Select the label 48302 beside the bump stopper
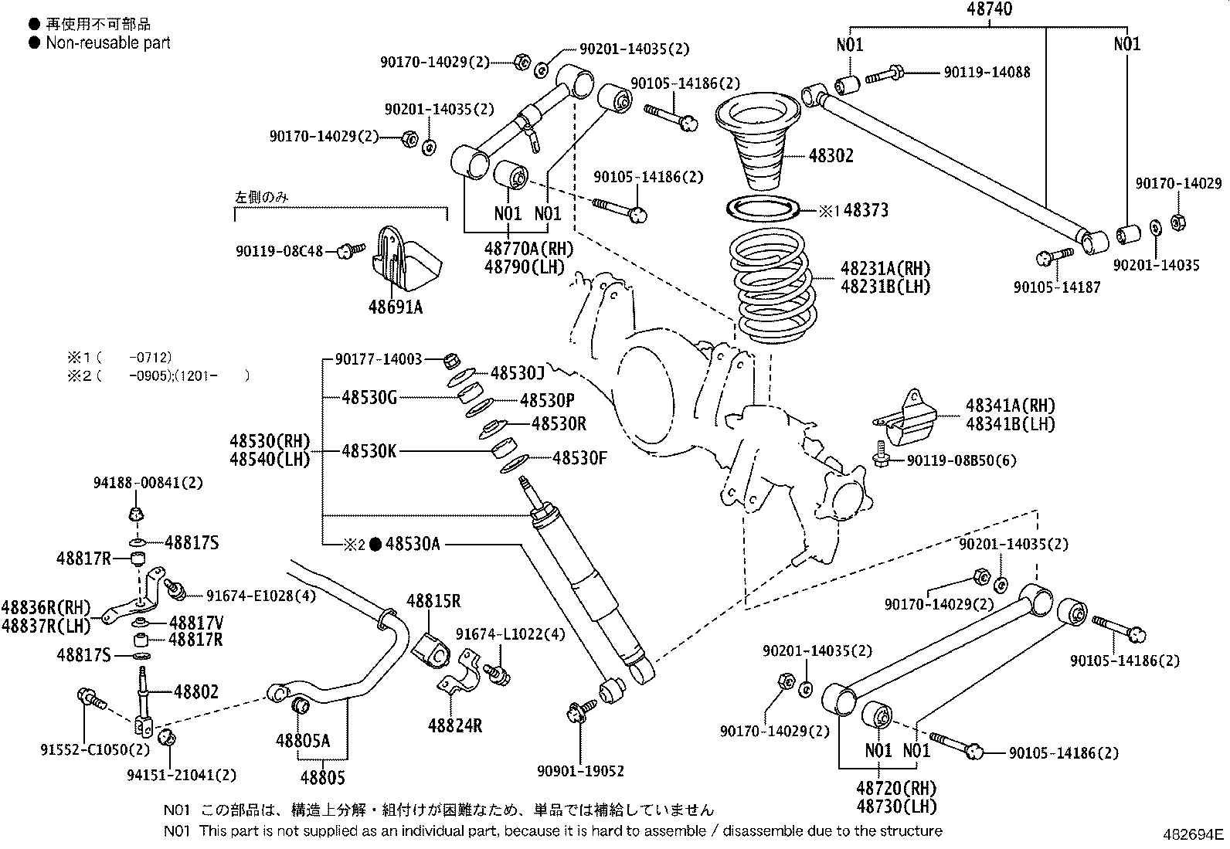coord(831,155)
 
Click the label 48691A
coord(395,307)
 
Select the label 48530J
coord(518,374)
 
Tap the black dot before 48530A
coord(375,545)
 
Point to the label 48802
coord(195,691)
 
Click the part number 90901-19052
coord(580,770)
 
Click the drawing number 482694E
coord(1194,834)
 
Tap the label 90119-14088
coord(987,73)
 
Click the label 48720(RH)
coord(895,789)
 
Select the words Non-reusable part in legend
coord(108,43)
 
